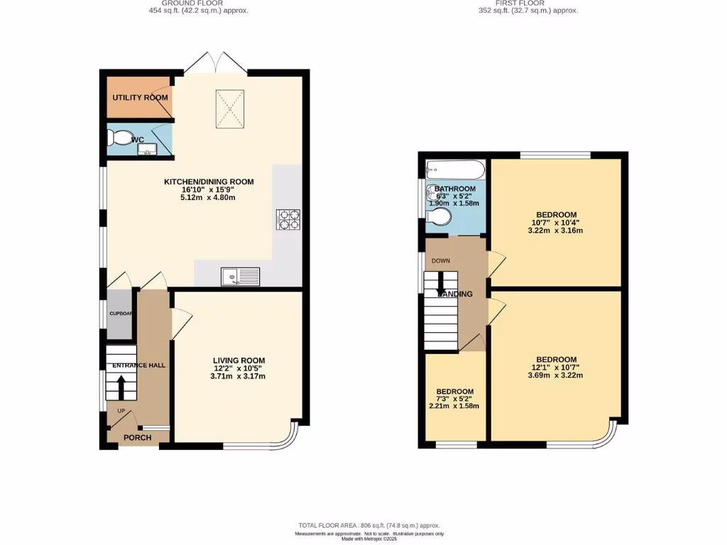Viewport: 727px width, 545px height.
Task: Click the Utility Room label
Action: click(x=140, y=97)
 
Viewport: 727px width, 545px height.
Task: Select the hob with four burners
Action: click(x=288, y=219)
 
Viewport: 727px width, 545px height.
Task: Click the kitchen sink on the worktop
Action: click(x=241, y=276)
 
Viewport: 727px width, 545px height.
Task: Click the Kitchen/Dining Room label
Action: click(x=209, y=182)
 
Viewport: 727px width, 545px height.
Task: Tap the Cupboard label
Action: click(x=120, y=313)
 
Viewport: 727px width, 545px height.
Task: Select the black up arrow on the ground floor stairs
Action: click(x=120, y=387)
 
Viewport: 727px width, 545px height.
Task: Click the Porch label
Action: click(x=138, y=437)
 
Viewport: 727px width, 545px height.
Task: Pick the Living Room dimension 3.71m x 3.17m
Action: click(x=238, y=376)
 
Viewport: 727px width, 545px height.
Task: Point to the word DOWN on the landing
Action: click(x=441, y=260)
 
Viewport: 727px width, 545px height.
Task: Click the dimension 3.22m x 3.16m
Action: click(x=556, y=231)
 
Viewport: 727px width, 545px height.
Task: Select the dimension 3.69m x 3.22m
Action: click(x=556, y=375)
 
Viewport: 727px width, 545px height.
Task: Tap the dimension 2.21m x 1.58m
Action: click(x=455, y=406)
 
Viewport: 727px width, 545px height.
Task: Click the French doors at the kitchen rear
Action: click(x=215, y=64)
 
